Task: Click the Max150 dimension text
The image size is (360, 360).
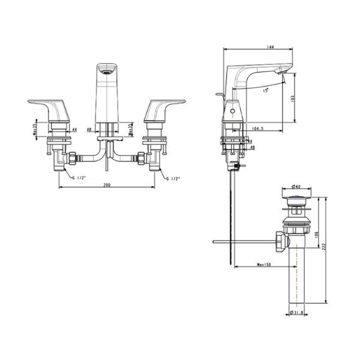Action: (x=263, y=265)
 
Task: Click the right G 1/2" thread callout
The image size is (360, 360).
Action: (x=171, y=178)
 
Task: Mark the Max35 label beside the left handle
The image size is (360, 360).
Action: (x=35, y=129)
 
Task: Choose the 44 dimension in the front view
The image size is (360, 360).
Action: (x=74, y=130)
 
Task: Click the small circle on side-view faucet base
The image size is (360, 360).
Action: (x=232, y=112)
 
